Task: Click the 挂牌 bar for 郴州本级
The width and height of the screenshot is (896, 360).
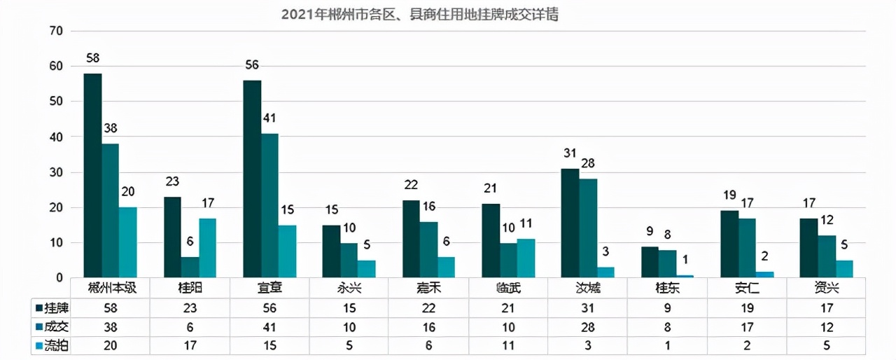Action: [x=92, y=175]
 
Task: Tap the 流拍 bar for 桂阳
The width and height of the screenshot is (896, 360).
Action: [x=207, y=248]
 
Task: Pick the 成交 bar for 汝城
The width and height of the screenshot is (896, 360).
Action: [x=588, y=228]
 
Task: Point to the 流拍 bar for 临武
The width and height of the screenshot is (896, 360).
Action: [x=526, y=258]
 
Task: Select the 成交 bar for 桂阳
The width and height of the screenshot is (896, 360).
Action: [x=190, y=267]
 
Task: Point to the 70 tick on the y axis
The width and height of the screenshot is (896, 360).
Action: [x=57, y=31]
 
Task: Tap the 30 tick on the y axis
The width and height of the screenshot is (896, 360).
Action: [x=57, y=172]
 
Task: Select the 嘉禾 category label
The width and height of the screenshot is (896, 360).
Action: [x=429, y=288]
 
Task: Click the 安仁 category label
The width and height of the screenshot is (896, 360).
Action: [x=748, y=288]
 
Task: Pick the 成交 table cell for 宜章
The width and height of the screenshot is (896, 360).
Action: [x=269, y=326]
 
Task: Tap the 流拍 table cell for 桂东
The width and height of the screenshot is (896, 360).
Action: [x=668, y=345]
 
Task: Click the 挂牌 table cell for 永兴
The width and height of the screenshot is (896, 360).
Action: [x=349, y=307]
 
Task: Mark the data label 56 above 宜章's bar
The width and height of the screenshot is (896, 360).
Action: [x=252, y=65]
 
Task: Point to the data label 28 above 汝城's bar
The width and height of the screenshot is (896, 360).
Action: [x=588, y=164]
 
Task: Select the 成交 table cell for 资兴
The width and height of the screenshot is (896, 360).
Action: [x=827, y=326]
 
